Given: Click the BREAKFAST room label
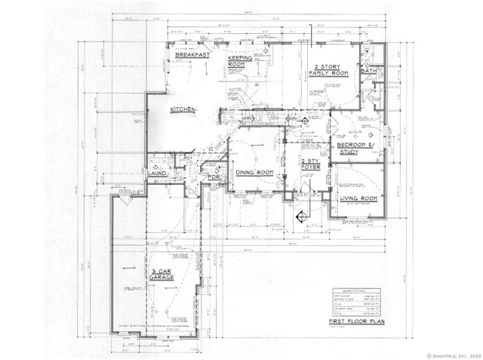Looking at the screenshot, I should tap(192, 55).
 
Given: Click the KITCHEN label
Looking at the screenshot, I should tap(183, 109).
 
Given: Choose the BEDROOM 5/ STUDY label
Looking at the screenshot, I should tap(355, 148).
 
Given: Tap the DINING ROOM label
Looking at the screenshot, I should tap(254, 173).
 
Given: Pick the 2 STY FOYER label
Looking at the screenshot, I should tap(311, 165).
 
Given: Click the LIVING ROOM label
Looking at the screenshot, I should tap(358, 198).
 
